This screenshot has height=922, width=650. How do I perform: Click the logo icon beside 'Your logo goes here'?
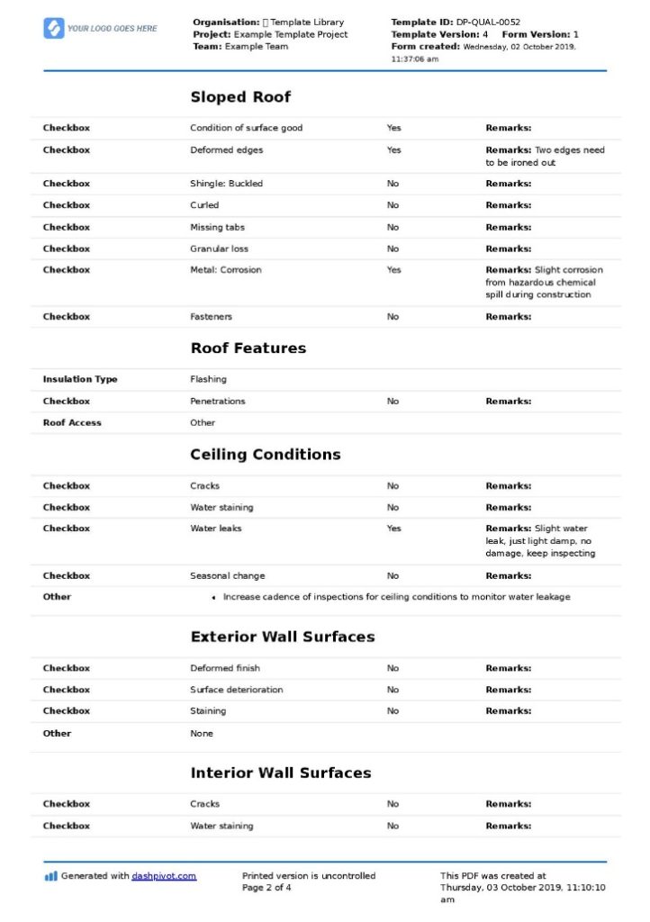[x=53, y=29]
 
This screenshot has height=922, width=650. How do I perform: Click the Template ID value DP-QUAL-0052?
[x=488, y=22]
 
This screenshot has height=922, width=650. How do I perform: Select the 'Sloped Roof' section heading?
[x=240, y=97]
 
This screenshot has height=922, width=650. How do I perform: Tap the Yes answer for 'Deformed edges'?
[x=393, y=150]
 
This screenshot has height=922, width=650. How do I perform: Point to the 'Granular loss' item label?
[x=219, y=249]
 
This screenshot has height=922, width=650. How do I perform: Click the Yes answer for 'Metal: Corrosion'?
[x=393, y=270]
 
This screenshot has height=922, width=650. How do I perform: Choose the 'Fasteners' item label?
[x=211, y=317]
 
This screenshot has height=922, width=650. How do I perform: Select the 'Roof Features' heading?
[x=248, y=348]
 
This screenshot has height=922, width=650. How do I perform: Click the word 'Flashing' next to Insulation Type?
[x=208, y=380]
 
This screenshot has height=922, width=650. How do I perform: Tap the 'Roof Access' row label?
[x=72, y=423]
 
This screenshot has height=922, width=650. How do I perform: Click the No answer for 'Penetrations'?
[x=393, y=402]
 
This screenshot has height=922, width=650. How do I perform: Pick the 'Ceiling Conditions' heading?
[x=265, y=455]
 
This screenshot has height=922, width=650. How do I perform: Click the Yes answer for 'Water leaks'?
[x=393, y=529]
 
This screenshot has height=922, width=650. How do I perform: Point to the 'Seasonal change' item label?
[x=227, y=576]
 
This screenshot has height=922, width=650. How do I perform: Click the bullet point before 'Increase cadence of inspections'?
[x=213, y=598]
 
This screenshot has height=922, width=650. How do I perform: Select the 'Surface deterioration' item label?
[x=236, y=690]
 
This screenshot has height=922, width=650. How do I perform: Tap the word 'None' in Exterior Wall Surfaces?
[x=202, y=734]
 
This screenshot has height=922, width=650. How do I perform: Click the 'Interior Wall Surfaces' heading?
[x=280, y=773]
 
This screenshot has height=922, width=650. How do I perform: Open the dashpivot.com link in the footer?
[x=164, y=876]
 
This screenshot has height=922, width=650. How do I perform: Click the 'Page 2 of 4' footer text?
[x=266, y=888]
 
